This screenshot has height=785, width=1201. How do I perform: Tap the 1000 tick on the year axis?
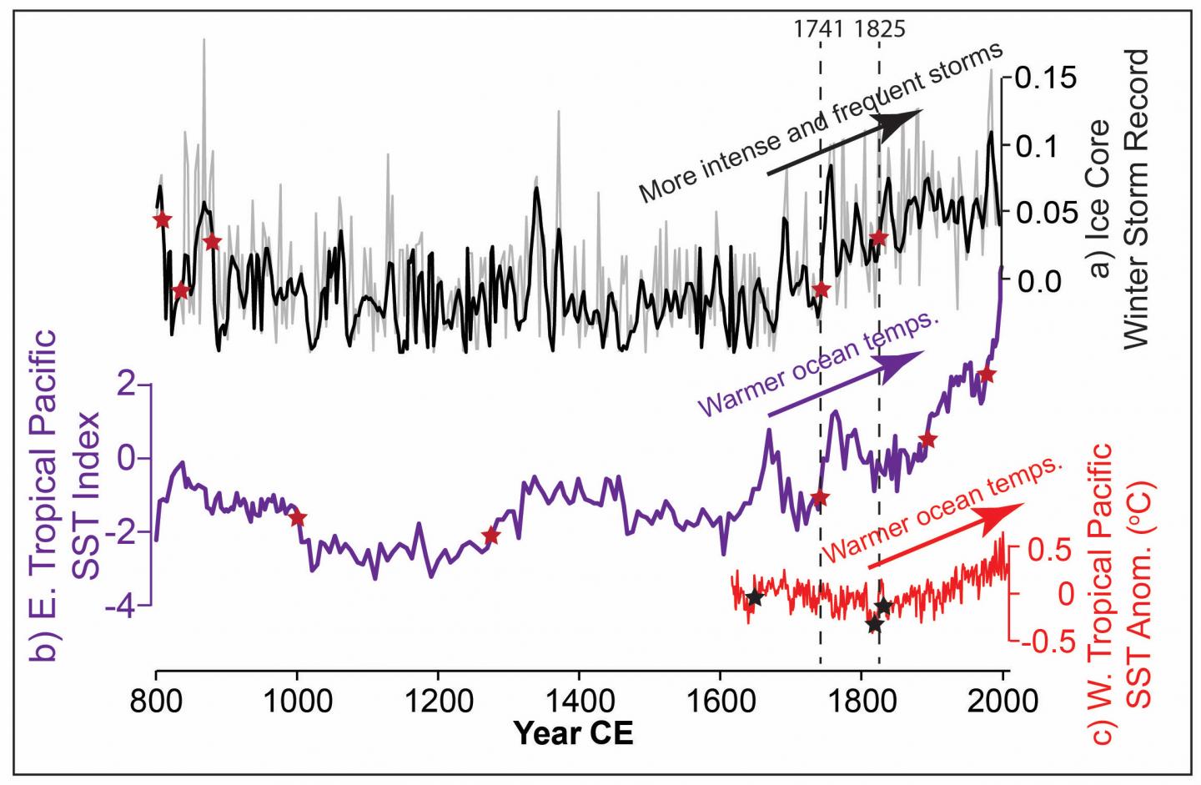click(x=296, y=699)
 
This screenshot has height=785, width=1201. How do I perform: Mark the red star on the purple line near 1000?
click(x=297, y=518)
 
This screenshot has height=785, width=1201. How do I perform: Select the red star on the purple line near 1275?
click(x=490, y=536)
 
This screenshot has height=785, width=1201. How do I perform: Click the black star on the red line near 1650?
click(x=754, y=598)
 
